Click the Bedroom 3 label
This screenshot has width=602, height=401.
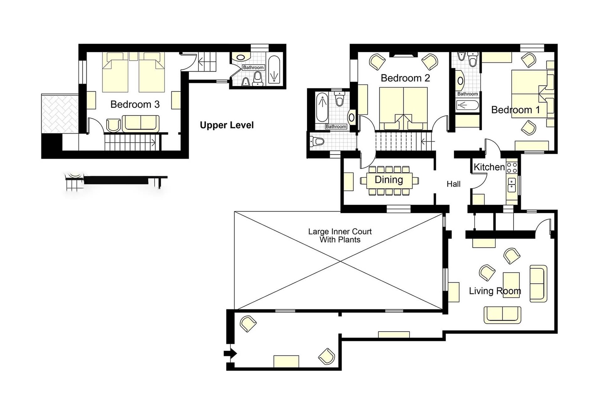point(135,104)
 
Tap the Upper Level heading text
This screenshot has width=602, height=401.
point(227,125)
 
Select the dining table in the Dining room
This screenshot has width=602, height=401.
point(389,180)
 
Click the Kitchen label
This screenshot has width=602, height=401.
point(489,167)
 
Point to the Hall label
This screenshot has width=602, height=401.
point(453,184)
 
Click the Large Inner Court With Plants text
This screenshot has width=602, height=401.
point(340,235)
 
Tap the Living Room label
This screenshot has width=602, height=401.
point(495,291)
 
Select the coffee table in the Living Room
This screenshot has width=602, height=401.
point(511,284)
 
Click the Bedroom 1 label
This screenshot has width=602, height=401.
point(515,110)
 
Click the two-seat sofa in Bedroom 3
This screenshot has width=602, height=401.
point(140,123)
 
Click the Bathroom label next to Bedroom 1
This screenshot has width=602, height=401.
point(467,94)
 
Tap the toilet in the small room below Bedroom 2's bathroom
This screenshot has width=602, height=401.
point(317,141)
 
